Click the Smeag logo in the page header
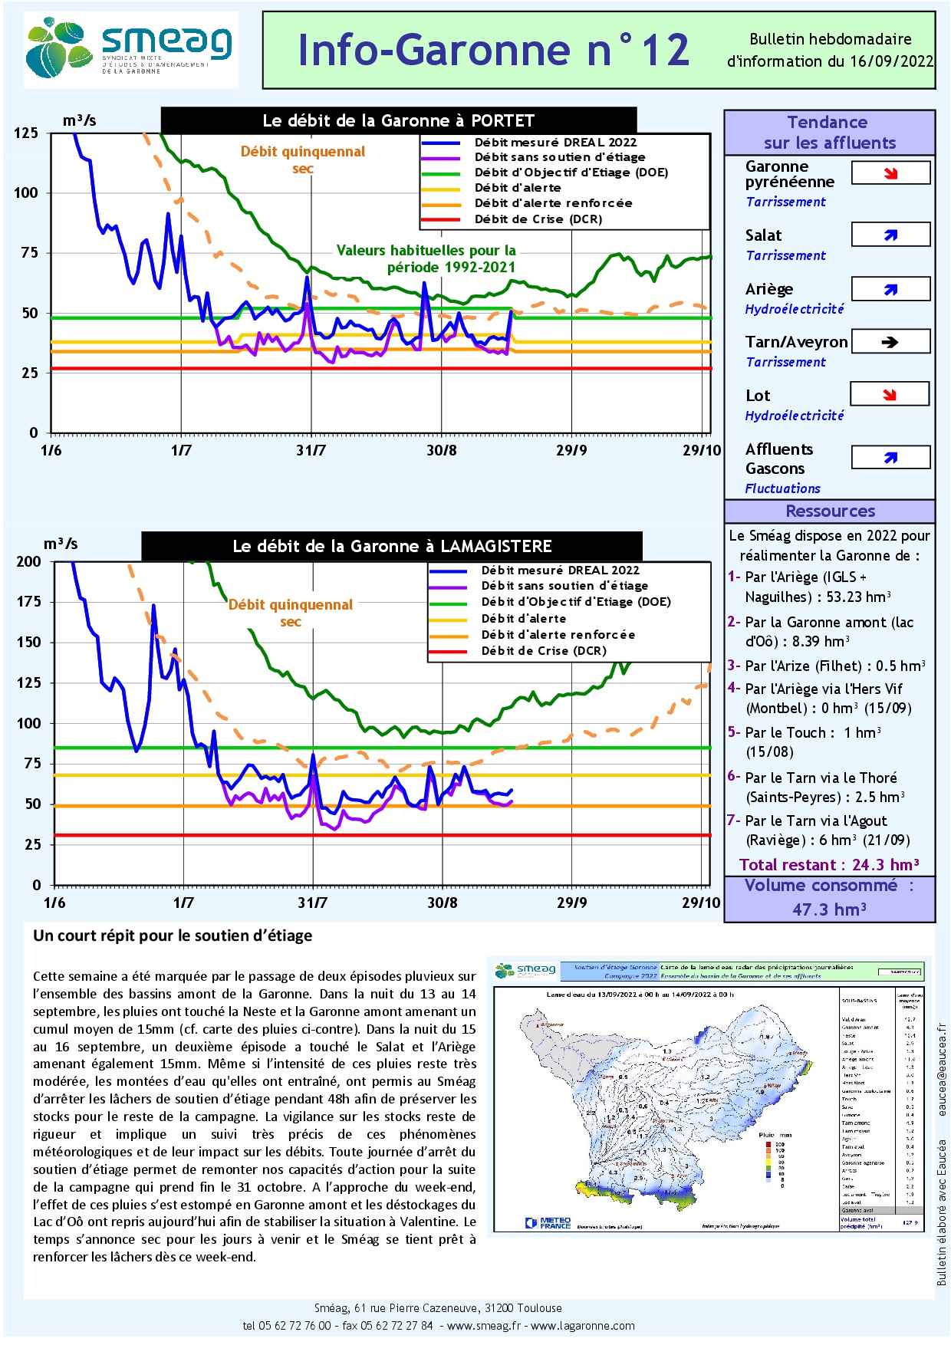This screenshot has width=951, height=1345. pyautogui.click(x=130, y=49)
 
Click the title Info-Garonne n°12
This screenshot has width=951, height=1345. pyautogui.click(x=493, y=50)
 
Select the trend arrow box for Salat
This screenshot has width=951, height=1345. pyautogui.click(x=890, y=235)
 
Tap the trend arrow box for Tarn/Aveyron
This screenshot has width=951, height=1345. pyautogui.click(x=890, y=342)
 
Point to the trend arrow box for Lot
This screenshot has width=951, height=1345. pyautogui.click(x=890, y=395)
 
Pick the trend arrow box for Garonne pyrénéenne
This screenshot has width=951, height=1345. pyautogui.click(x=890, y=173)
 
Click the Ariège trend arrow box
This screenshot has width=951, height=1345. pyautogui.click(x=890, y=289)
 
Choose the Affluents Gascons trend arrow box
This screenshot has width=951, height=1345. pyautogui.click(x=890, y=458)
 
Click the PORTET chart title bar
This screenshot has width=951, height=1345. pyautogui.click(x=399, y=120)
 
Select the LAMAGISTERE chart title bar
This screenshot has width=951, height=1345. pyautogui.click(x=392, y=546)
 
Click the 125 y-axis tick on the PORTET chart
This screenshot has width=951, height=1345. pyautogui.click(x=26, y=133)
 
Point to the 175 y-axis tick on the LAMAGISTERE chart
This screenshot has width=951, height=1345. pyautogui.click(x=29, y=602)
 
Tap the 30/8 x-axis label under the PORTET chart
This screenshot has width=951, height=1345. pyautogui.click(x=442, y=450)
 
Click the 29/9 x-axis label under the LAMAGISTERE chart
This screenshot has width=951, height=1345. pyautogui.click(x=572, y=903)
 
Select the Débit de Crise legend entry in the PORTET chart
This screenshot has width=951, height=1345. pyautogui.click(x=538, y=219)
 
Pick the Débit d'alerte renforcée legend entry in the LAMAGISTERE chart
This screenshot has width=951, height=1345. pyautogui.click(x=558, y=635)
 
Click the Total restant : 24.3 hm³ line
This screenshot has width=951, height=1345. pyautogui.click(x=829, y=865)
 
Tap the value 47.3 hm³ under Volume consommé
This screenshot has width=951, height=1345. pyautogui.click(x=829, y=909)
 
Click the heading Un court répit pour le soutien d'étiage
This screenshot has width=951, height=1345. pyautogui.click(x=173, y=936)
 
